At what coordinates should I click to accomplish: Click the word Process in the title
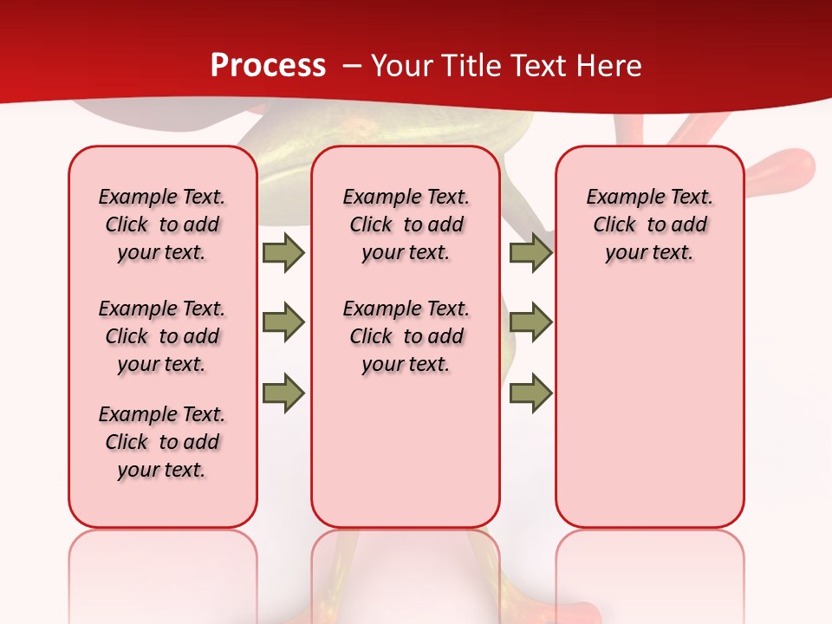(x=268, y=65)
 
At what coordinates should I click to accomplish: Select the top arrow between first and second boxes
(x=283, y=252)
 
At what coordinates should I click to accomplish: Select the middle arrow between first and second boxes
(x=283, y=322)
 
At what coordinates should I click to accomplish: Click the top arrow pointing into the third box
(x=530, y=252)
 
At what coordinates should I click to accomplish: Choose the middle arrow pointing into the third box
(x=530, y=322)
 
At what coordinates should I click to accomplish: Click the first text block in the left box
(x=162, y=224)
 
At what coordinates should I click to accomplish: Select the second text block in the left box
(x=162, y=336)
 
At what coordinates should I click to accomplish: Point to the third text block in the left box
(x=162, y=442)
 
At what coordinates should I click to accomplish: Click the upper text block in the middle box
(x=406, y=224)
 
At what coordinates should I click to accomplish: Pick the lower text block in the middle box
(x=406, y=336)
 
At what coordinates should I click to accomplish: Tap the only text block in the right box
(x=649, y=224)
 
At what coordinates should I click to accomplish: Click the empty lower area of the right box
(x=649, y=416)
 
